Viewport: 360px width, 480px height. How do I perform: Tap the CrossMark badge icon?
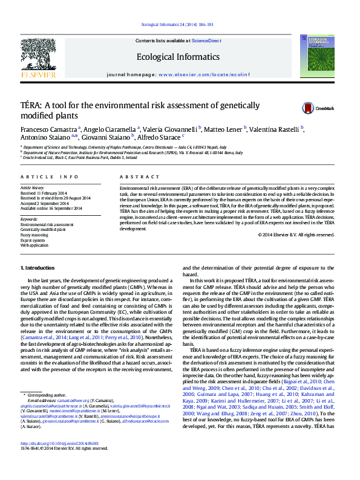tap(309, 108)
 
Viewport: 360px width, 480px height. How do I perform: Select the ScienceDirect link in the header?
tap(206, 41)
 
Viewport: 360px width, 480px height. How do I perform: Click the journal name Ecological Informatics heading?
tap(178, 57)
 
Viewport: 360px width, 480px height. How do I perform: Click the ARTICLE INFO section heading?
tap(50, 177)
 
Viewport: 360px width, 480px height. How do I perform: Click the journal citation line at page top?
tap(178, 25)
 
